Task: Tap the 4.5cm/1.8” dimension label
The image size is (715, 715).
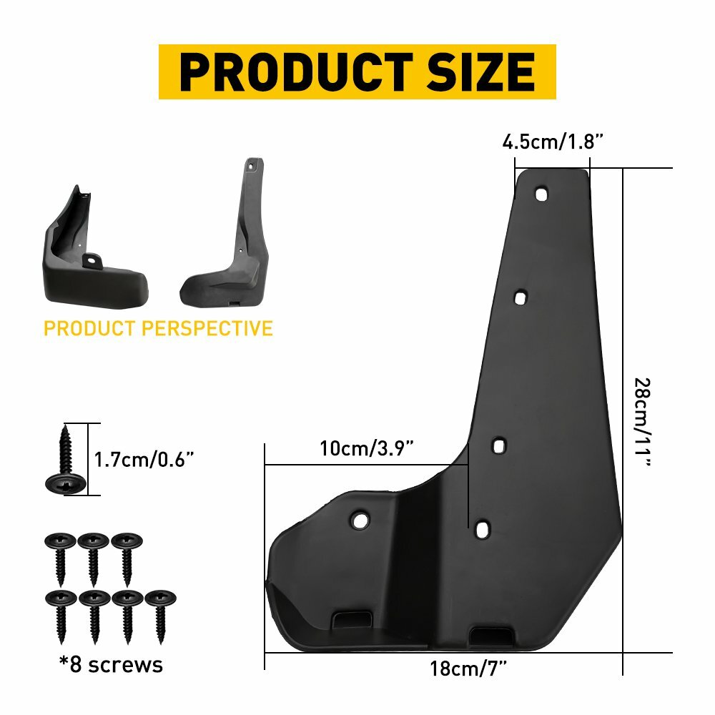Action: (x=553, y=142)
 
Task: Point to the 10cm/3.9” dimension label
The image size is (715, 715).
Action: (x=367, y=449)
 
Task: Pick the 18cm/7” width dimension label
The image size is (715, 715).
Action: (x=468, y=670)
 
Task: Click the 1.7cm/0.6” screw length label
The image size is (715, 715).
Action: (x=145, y=459)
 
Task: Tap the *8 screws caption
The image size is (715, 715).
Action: (x=111, y=665)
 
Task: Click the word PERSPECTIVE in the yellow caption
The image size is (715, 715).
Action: (x=207, y=328)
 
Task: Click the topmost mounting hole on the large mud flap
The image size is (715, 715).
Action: (x=542, y=194)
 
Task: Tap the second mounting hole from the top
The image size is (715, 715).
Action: (x=521, y=296)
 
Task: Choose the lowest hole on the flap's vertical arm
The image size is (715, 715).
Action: (x=483, y=529)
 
